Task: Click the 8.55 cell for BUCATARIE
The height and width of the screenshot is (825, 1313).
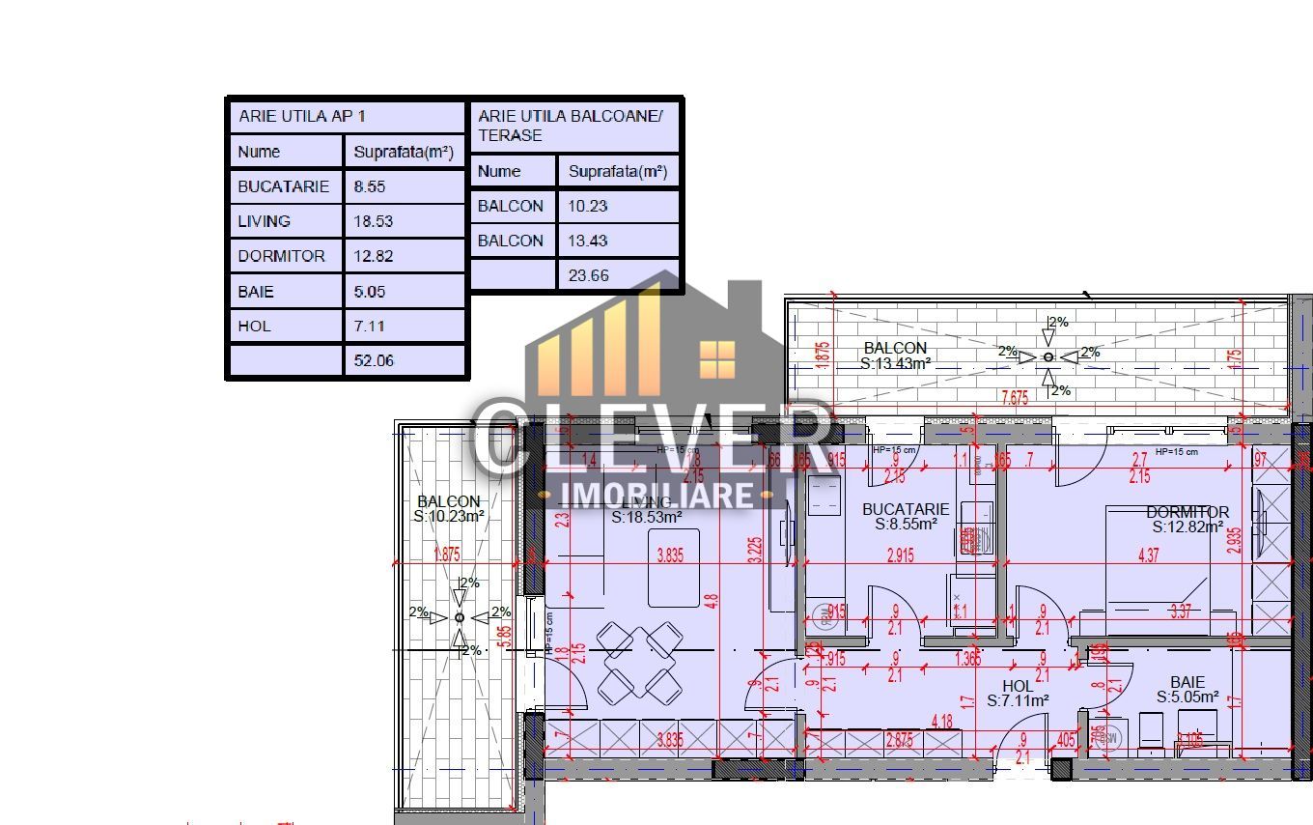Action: [x=372, y=186]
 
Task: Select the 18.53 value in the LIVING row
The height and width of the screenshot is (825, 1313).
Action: [x=374, y=221]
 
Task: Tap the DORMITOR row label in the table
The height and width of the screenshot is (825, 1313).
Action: [x=281, y=256]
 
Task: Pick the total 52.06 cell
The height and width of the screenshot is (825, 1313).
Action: [x=374, y=360]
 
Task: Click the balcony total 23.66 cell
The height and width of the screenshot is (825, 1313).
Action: [x=589, y=275]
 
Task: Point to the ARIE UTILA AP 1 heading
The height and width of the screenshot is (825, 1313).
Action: [x=302, y=116]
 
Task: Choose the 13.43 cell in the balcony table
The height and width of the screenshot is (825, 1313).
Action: [x=589, y=241]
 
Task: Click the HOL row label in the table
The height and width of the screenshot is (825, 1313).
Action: [x=255, y=326]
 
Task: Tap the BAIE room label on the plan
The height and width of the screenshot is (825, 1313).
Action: [x=1187, y=682]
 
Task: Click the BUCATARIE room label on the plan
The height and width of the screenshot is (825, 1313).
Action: [x=906, y=509]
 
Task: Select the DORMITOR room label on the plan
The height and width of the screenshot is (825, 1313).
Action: [x=1187, y=512]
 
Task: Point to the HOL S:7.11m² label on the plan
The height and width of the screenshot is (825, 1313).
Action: [x=1018, y=694]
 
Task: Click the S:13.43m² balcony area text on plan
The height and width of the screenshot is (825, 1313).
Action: [x=895, y=364]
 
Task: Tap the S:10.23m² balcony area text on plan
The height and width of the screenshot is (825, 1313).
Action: [x=449, y=517]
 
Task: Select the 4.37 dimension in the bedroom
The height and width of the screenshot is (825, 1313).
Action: [x=1148, y=555]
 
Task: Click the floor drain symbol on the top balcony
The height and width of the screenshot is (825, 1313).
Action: [x=1048, y=356]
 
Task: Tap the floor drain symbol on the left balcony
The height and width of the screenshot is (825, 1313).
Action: [x=460, y=617]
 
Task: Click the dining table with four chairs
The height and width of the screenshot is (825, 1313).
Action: [x=639, y=662]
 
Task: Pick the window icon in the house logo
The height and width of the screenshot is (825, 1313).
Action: [x=716, y=358]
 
